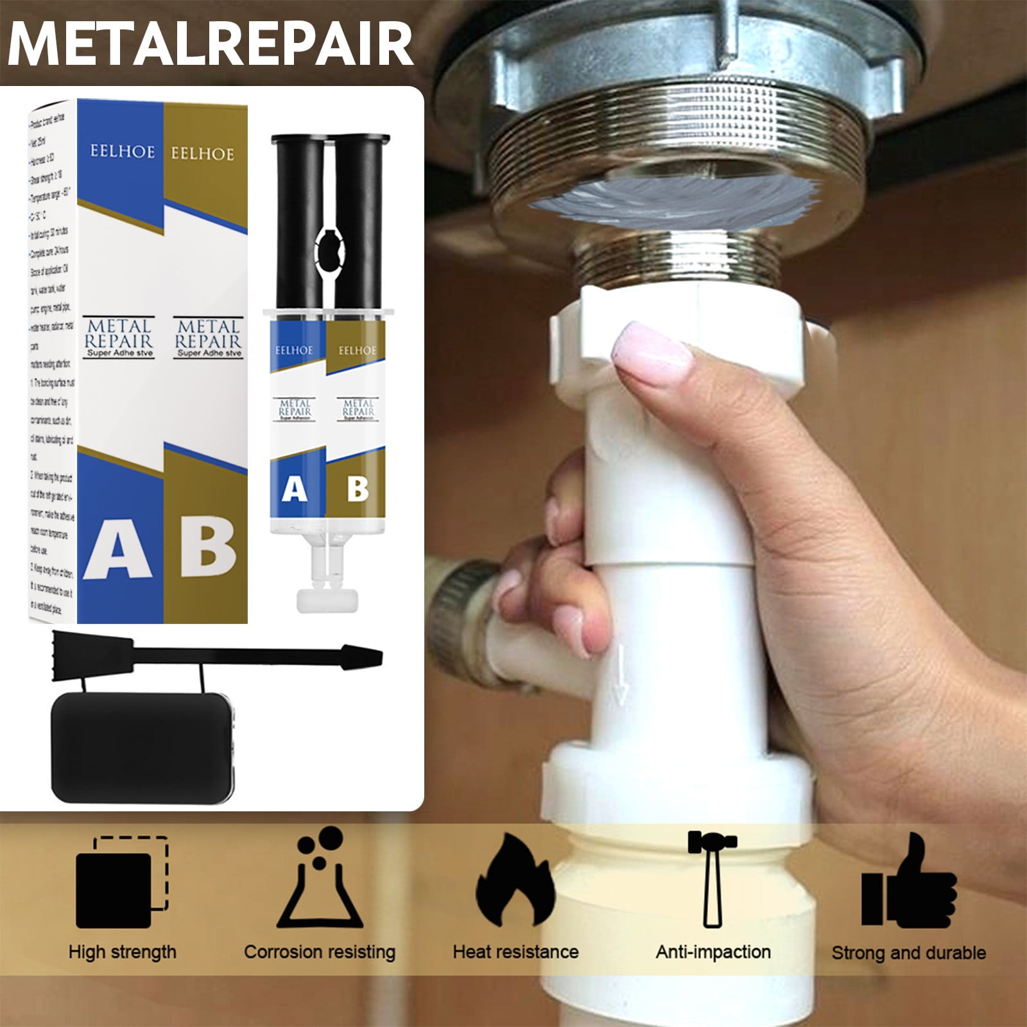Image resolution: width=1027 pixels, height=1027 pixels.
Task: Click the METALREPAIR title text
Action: coord(211,44)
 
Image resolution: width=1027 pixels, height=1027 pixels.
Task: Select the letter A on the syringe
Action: coord(295,489)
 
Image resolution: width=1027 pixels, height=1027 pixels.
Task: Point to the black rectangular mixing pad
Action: coord(142,747)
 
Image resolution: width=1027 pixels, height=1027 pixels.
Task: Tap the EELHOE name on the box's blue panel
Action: coord(122,152)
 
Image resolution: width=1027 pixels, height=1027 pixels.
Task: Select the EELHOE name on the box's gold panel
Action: coord(202,154)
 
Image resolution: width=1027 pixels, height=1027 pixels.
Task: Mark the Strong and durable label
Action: coord(908,953)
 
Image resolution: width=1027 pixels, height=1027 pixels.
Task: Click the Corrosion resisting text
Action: coord(319,952)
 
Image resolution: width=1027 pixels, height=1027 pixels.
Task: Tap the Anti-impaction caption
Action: coord(712,952)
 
